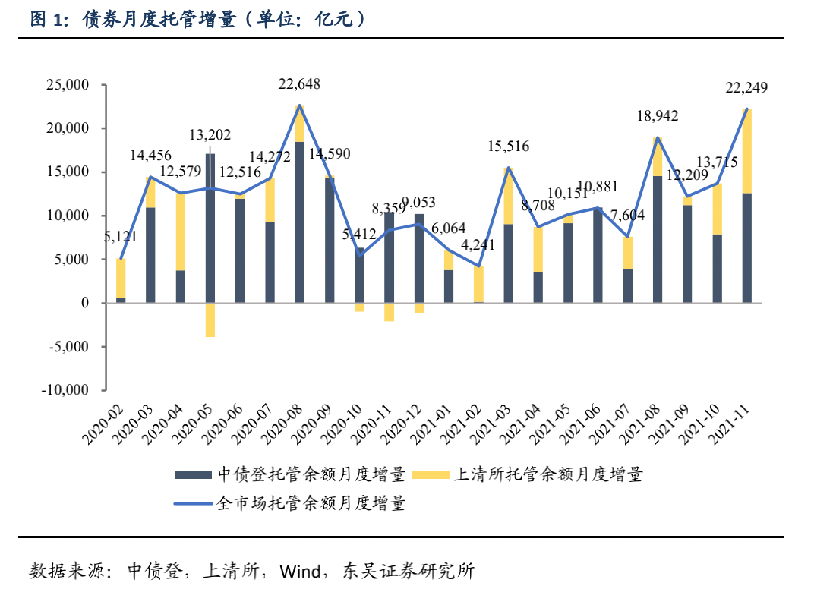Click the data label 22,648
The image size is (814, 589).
(x=298, y=84)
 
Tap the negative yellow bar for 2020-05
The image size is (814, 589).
(x=210, y=320)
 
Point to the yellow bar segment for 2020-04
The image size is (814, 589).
(x=181, y=232)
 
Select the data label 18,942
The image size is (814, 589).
(x=658, y=116)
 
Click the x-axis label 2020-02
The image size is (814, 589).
(x=102, y=421)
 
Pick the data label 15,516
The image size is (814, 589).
(x=508, y=146)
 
